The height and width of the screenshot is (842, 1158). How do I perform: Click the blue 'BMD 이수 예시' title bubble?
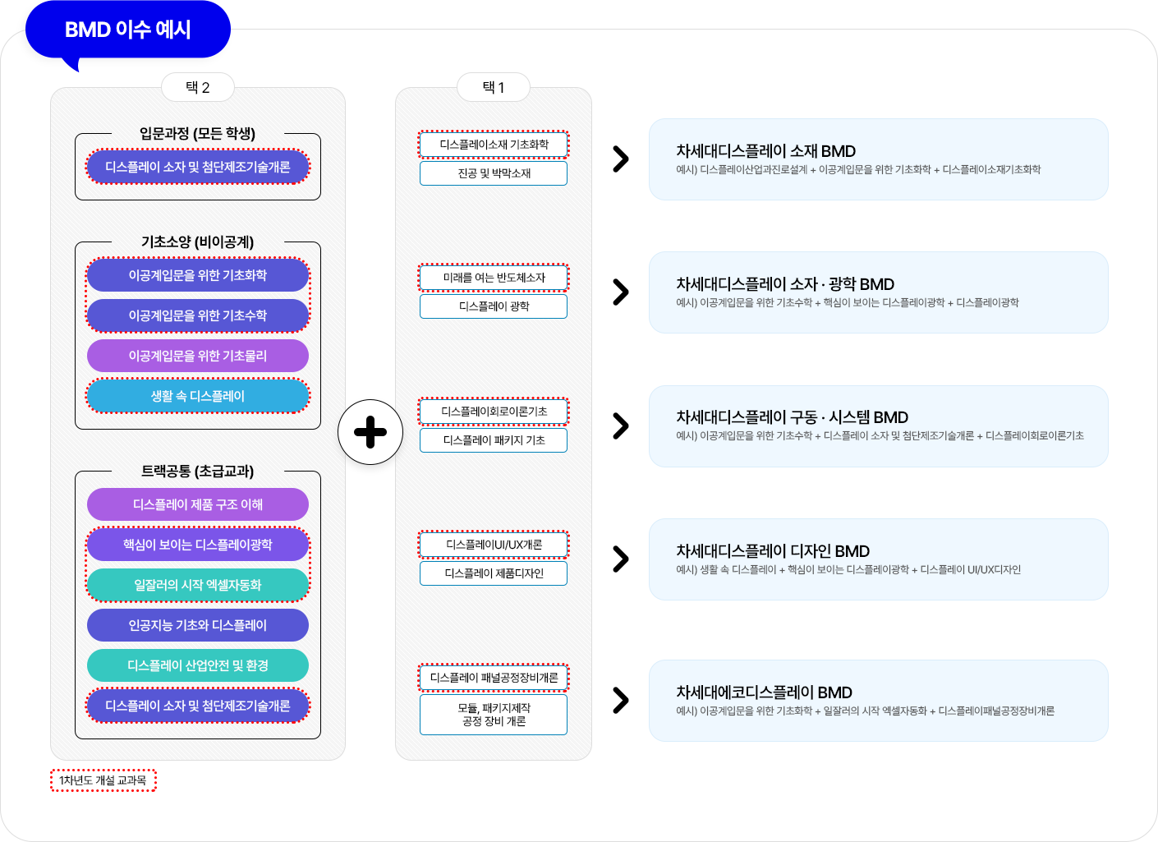click(127, 30)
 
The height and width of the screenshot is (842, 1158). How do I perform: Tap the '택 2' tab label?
click(197, 87)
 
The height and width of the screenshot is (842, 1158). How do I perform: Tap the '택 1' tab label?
click(494, 87)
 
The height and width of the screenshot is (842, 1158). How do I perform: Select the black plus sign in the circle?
click(370, 432)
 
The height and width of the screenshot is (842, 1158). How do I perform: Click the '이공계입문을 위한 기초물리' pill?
click(197, 356)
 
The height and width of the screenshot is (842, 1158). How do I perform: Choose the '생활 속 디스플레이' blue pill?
click(197, 396)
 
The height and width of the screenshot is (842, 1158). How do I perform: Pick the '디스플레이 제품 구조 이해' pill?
click(197, 504)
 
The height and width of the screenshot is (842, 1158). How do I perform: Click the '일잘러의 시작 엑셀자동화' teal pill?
click(197, 585)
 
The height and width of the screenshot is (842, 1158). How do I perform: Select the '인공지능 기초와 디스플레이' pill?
click(197, 625)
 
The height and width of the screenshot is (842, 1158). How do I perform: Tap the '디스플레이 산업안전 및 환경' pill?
click(197, 665)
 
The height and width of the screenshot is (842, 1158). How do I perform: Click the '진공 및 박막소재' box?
click(494, 173)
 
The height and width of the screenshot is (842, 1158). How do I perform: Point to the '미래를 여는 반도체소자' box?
click(494, 278)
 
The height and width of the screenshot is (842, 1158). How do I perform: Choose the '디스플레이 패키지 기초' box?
click(494, 440)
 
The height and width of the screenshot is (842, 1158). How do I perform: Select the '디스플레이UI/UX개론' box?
click(494, 545)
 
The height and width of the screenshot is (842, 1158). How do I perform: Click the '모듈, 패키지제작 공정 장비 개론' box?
click(494, 714)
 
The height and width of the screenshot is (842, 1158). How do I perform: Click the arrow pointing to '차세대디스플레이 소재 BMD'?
click(620, 159)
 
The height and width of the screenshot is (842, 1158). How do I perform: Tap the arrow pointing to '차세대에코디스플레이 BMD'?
click(620, 700)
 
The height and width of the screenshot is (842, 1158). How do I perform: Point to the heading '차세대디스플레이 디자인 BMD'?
click(773, 551)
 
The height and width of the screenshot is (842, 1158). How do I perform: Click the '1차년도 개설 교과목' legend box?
click(103, 780)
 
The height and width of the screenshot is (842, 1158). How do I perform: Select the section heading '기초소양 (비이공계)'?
click(197, 242)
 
